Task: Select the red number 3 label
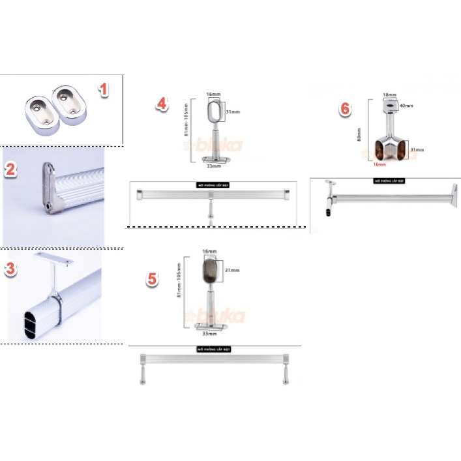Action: pos(11,269)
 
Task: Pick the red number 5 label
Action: pos(152,279)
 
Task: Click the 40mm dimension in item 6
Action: pos(408,106)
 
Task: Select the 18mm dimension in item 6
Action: pos(389,95)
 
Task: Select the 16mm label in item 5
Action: pos(209,250)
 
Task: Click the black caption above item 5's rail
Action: pos(215,350)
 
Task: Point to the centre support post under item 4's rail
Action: pos(211,212)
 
